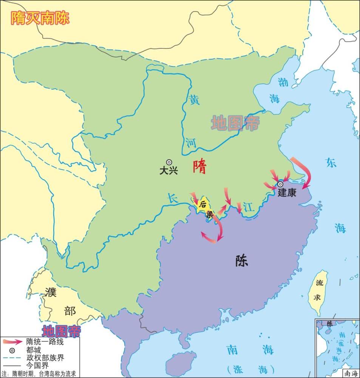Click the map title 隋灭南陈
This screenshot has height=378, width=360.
tap(40, 18)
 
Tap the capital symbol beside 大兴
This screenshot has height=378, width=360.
tap(169, 162)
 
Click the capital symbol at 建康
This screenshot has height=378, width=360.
tap(280, 184)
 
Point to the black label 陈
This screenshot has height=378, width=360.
tap(241, 261)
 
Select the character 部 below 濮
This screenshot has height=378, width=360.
tap(70, 311)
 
